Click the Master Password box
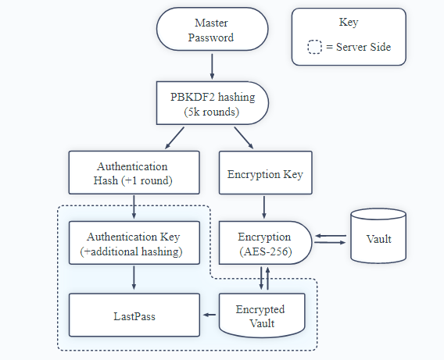pos(212,30)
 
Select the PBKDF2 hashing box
pos(212,103)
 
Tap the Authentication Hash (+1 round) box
pos(134,173)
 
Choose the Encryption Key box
pos(265,173)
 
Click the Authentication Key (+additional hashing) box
pos(134,243)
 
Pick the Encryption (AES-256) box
pos(265,243)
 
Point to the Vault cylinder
pos(378,236)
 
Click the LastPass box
pos(134,315)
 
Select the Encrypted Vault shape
pos(262,315)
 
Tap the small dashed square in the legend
pos(314,47)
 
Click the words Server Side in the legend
pos(363,47)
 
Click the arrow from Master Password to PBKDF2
pos(212,66)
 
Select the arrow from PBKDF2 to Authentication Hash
pos(174,138)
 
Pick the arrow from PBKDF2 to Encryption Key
pos(244,138)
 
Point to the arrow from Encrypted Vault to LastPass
pos(209,315)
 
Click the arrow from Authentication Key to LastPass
pos(134,278)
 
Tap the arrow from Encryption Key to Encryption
pos(264,207)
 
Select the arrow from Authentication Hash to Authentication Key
pos(134,207)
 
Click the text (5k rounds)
pos(212,112)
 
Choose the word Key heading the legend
pos(349,23)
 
